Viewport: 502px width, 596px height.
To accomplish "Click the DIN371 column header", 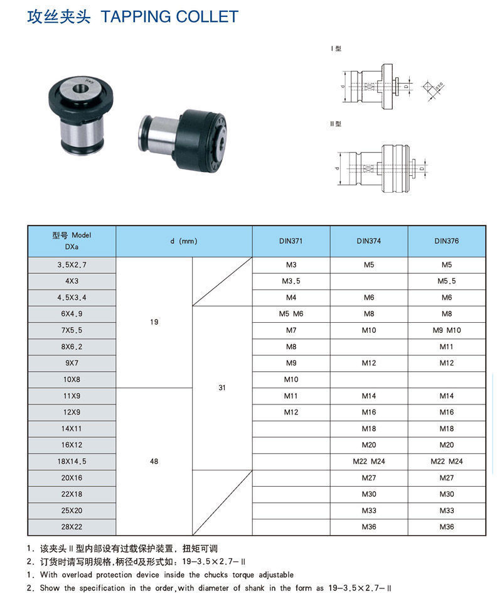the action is point(291,241).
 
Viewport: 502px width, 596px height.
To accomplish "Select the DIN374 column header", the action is point(369,241).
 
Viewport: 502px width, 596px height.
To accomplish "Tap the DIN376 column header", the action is point(447,241).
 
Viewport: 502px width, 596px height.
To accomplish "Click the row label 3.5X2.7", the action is point(72,265).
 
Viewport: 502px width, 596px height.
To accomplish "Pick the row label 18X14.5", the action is point(72,462).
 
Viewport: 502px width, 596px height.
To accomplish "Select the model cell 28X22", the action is point(72,527).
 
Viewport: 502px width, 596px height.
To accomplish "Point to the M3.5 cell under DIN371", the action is point(291,281).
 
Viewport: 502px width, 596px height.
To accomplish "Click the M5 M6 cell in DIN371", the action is point(291,314).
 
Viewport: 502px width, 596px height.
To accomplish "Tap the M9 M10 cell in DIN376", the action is point(447,330).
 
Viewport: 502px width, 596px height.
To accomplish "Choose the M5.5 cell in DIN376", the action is point(447,281).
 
